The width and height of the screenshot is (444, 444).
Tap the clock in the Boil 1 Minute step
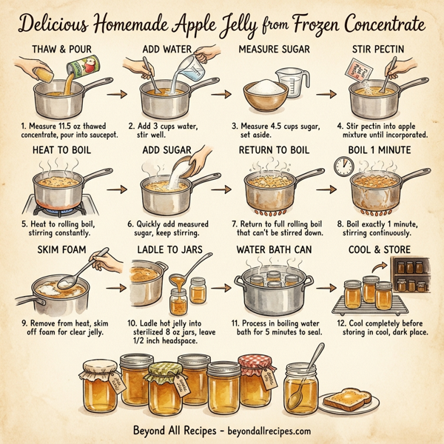343,168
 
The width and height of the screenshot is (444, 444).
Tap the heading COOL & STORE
380,250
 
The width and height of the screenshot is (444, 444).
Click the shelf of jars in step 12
409,275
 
